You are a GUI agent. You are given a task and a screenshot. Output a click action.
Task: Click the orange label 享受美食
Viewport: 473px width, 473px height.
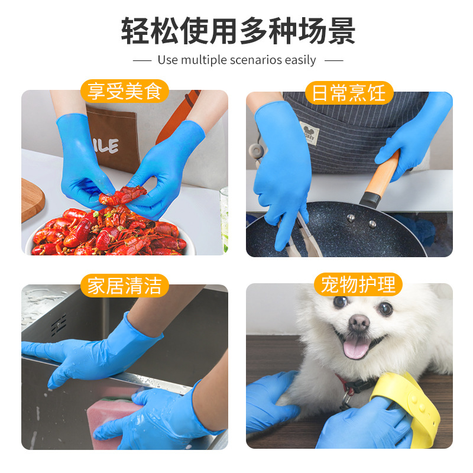pos(124,91)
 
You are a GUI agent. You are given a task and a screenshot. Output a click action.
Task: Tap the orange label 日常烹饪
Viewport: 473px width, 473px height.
pos(349,93)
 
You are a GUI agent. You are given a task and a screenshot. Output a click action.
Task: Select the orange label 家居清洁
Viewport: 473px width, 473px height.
pos(124,286)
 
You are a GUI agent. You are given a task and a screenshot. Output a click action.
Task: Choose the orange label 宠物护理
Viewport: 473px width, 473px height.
pos(358,284)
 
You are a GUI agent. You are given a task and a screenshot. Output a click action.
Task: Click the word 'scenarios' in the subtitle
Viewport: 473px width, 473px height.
pos(256,60)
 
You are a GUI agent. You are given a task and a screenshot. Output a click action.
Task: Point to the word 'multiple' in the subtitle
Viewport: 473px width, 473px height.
pos(203,60)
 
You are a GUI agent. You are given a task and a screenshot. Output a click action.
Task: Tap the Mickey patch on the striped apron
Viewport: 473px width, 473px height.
pos(309,134)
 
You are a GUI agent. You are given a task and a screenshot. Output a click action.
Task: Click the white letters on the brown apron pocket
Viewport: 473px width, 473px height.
pos(106,146)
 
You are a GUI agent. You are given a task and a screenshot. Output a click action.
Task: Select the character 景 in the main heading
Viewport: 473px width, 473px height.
pos(341,31)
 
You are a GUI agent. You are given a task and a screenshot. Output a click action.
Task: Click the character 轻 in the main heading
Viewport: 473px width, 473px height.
pos(135,31)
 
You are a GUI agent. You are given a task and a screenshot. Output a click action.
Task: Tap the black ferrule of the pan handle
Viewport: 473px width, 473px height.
pos(370,199)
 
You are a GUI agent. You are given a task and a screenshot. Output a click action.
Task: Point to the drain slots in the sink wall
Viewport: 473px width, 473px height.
pos(59,325)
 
